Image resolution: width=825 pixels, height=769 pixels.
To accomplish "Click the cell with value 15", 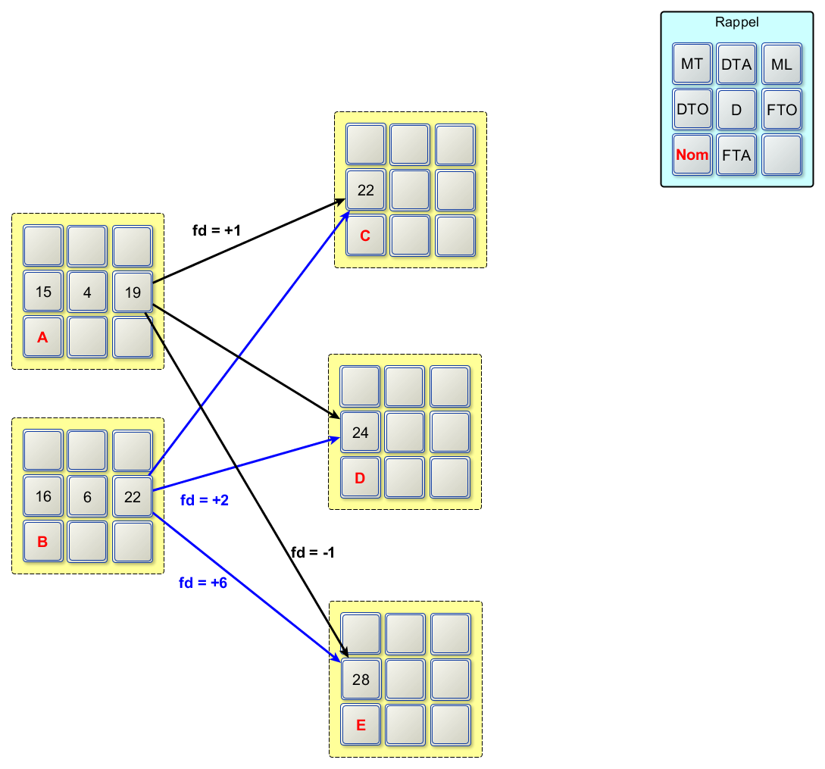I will pos(43,292).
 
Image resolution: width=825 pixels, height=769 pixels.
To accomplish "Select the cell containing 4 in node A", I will pos(88,292).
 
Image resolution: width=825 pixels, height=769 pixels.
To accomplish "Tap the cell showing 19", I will pos(133,292).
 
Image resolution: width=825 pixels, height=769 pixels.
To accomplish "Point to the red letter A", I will pos(43,337).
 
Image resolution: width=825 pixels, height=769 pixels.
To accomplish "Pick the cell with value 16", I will pos(43,496).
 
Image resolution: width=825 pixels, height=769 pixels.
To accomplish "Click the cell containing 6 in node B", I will pos(88,496).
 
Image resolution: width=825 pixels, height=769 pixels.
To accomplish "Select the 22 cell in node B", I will pos(133,496).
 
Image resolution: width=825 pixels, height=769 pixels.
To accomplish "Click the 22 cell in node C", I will pos(366,190).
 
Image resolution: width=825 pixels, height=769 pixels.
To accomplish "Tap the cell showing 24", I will pos(361,433).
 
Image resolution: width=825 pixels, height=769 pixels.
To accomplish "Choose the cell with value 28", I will pos(361,680).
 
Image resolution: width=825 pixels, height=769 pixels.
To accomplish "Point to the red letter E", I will pos(361,725).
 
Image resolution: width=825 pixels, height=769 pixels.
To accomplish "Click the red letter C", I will pos(366,236).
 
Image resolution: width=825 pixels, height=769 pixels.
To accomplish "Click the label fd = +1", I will pos(217,230).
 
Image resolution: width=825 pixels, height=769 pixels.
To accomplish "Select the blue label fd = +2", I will pos(205,500).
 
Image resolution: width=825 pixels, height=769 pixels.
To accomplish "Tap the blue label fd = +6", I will pos(203,583).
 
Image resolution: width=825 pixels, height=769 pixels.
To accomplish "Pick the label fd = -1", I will pos(313,552).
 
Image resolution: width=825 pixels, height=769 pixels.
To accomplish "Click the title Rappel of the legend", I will pos(736,22).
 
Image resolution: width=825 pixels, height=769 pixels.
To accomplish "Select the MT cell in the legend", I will pos(692,64).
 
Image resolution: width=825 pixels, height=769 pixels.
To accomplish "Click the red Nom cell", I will pos(692,155).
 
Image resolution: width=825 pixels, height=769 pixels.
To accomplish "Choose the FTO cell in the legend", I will pos(782,110).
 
